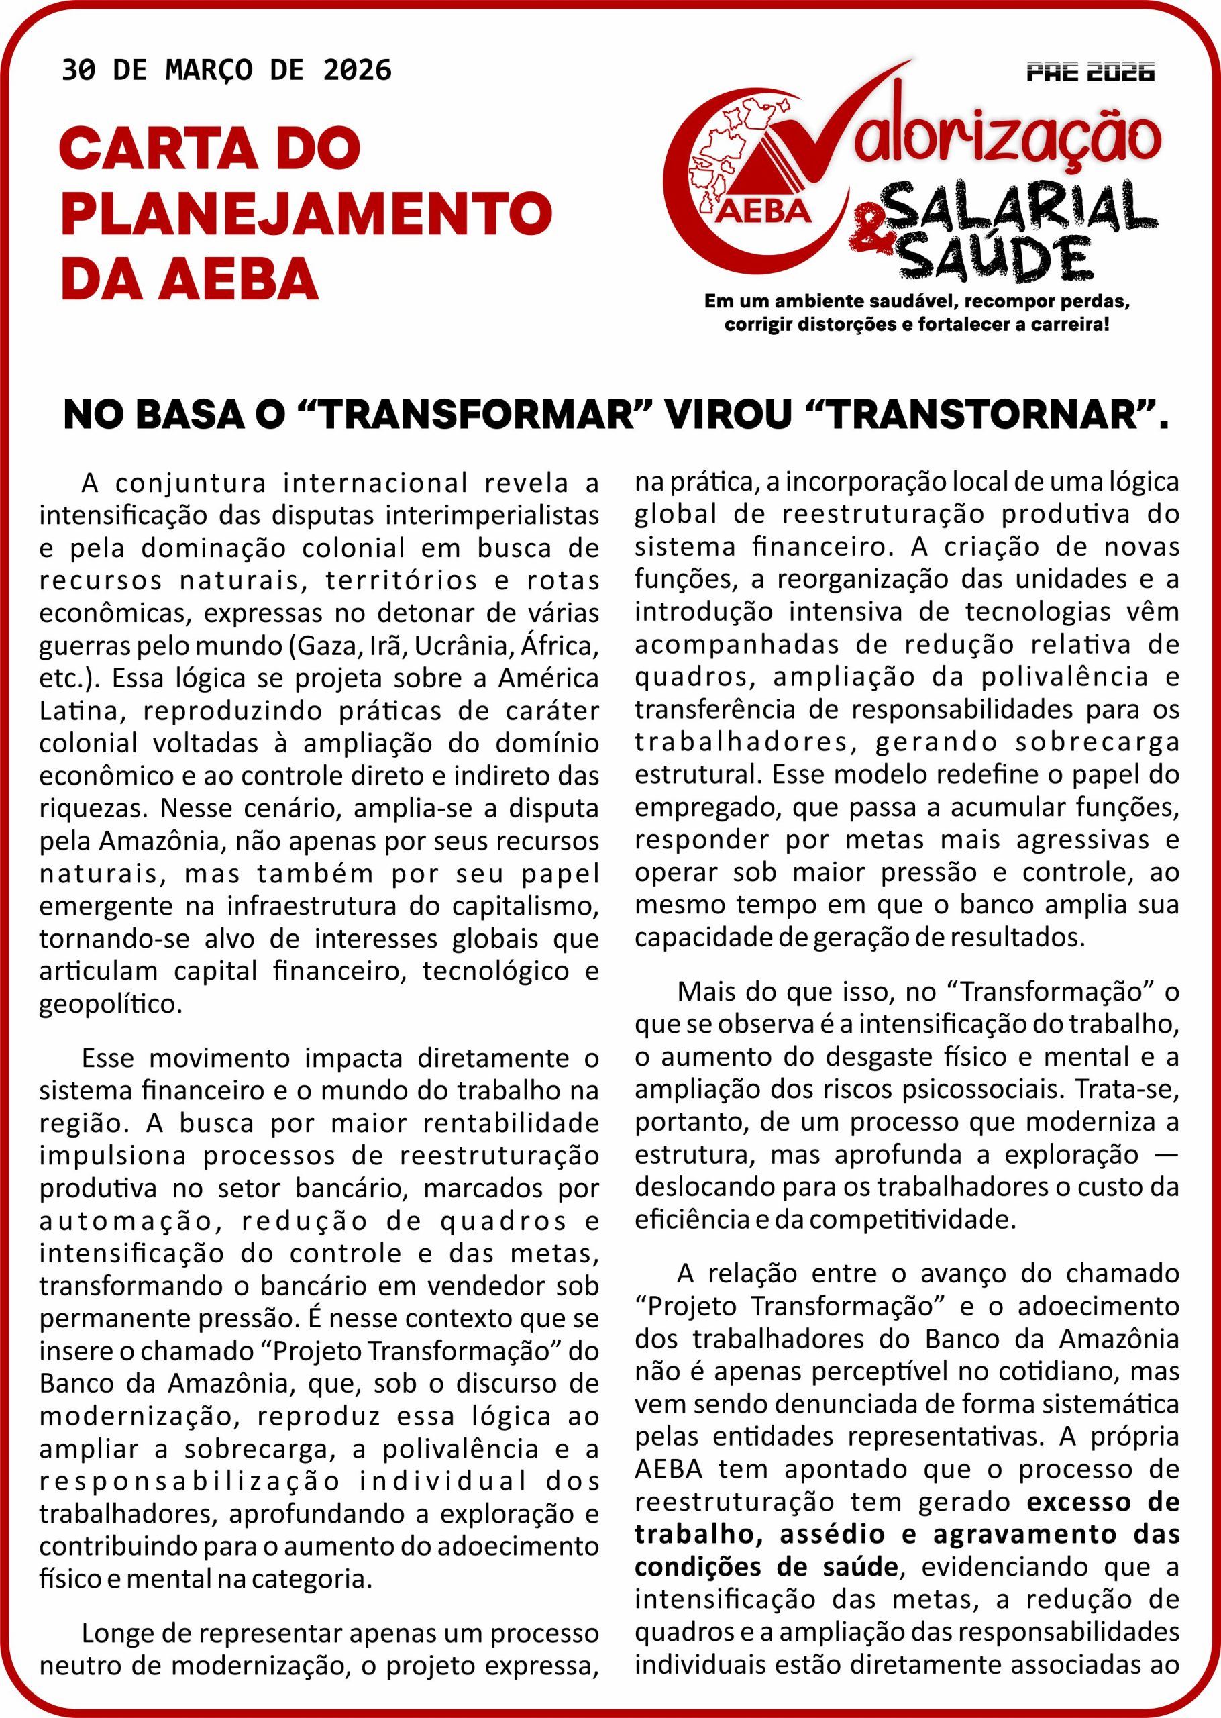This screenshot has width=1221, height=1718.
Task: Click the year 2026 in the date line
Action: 357,70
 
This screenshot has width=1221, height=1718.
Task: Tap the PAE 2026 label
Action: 1090,73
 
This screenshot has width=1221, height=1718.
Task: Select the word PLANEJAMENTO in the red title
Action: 306,213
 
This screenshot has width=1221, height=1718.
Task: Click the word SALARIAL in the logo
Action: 1022,207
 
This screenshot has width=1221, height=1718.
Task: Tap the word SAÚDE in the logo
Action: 996,258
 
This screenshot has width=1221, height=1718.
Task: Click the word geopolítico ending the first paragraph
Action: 111,1005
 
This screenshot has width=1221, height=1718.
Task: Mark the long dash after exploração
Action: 1164,1154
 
